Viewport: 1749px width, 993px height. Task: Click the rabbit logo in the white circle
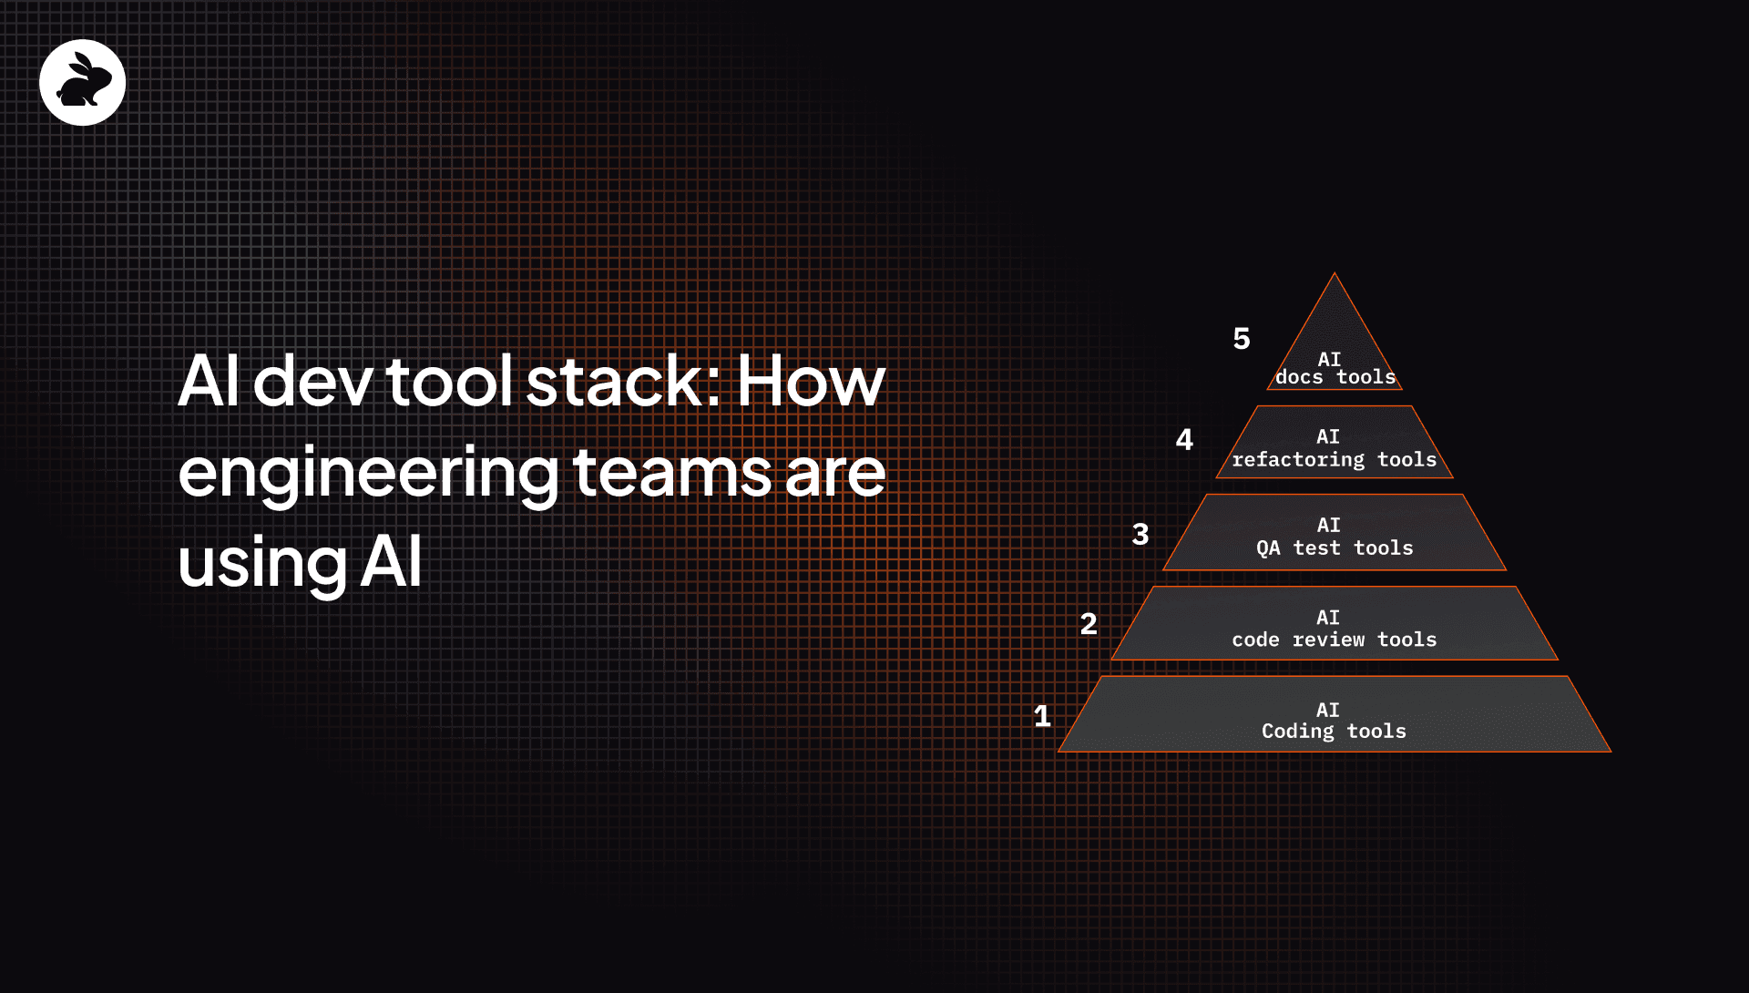click(83, 83)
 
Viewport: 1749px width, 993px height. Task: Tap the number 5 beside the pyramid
click(1242, 339)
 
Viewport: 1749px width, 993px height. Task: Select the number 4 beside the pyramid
click(1184, 440)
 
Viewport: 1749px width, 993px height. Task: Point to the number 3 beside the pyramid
click(1140, 534)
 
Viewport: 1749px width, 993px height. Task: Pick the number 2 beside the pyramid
click(1089, 624)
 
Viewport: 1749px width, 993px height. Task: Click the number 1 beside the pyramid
click(1042, 715)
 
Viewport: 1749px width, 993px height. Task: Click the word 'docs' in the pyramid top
click(1299, 377)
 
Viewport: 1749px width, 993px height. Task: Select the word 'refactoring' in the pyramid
click(1298, 460)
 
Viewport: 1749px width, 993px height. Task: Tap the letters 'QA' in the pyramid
click(1268, 548)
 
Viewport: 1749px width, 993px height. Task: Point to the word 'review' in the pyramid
click(1328, 640)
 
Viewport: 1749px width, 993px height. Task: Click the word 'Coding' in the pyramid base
click(1297, 732)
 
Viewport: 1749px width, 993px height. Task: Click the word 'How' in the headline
click(811, 381)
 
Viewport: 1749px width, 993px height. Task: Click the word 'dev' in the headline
click(312, 380)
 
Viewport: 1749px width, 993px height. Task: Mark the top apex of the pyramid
click(1335, 273)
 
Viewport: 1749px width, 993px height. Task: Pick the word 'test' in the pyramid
click(1316, 548)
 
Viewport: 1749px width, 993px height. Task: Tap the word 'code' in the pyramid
click(1255, 640)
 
